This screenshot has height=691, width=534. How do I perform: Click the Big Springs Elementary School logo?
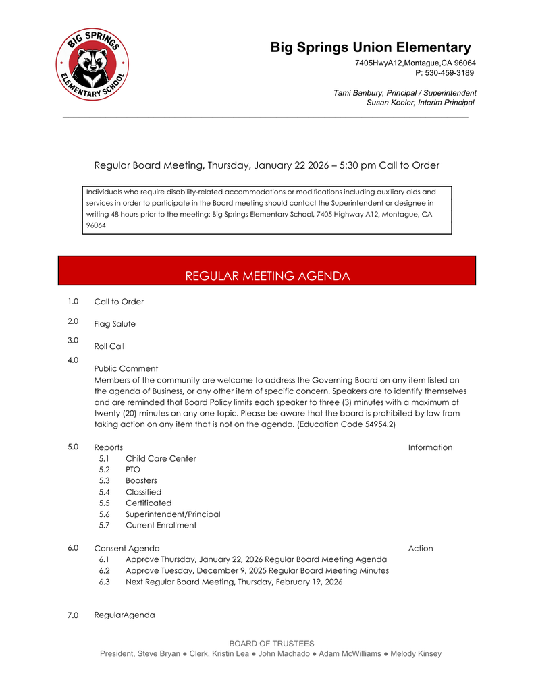(92, 65)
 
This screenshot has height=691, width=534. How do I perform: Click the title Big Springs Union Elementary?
(371, 47)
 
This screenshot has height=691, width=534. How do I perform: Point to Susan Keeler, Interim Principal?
(420, 103)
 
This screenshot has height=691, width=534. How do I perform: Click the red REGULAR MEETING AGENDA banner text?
(267, 276)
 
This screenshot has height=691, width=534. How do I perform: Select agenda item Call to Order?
(119, 302)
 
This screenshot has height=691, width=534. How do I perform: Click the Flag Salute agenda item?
(115, 324)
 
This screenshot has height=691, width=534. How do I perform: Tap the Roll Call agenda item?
(109, 346)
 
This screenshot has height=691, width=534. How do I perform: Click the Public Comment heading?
(126, 368)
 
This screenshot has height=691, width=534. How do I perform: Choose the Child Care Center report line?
(161, 459)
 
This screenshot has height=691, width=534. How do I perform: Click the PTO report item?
(133, 470)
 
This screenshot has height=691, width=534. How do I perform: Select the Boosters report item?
(141, 481)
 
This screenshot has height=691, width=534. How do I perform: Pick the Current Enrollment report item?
(161, 525)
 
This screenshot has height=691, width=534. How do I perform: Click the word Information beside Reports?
(430, 447)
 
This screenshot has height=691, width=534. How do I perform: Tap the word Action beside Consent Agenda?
(421, 549)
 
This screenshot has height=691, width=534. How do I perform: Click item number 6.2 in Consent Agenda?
(104, 571)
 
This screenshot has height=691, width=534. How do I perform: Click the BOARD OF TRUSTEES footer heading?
(271, 644)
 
